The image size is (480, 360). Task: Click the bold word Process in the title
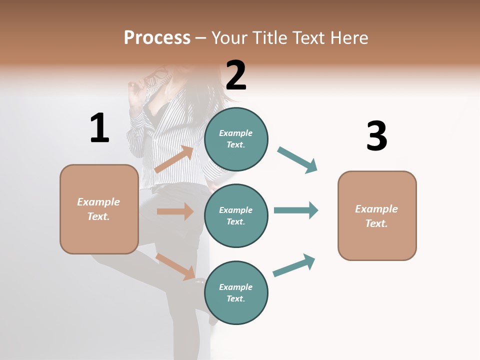click(x=157, y=38)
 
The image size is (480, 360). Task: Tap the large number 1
click(x=99, y=128)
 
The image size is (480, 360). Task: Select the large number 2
click(x=236, y=75)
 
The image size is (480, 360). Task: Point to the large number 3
click(x=376, y=136)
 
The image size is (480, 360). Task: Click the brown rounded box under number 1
click(x=99, y=209)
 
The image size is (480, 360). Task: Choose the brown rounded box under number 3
click(x=377, y=215)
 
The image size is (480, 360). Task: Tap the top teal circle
click(x=236, y=139)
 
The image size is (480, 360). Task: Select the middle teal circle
click(x=236, y=215)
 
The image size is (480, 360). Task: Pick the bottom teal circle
click(x=236, y=292)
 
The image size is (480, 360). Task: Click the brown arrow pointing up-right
click(x=174, y=159)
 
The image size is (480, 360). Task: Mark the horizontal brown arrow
click(x=175, y=211)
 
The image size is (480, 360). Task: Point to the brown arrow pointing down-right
click(x=175, y=266)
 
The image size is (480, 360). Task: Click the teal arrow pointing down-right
click(x=297, y=160)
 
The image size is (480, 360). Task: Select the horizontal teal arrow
click(x=296, y=210)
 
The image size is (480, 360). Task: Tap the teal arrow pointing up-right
click(x=294, y=265)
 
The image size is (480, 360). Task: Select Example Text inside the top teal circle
click(x=236, y=139)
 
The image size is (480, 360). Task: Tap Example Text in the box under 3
click(x=376, y=216)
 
